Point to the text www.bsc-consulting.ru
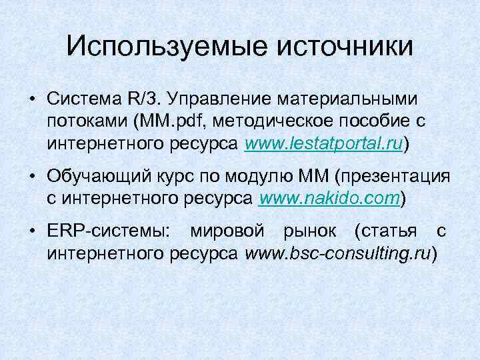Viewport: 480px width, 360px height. pyautogui.click(x=339, y=253)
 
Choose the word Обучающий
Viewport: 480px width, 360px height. pyautogui.click(x=92, y=176)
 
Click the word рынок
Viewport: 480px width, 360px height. pyautogui.click(x=305, y=231)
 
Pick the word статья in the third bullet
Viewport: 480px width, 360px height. pyautogui.click(x=387, y=231)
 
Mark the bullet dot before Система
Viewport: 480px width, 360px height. pyautogui.click(x=31, y=99)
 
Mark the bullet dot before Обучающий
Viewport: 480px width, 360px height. pyautogui.click(x=31, y=177)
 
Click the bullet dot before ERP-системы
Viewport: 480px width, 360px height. pyautogui.click(x=31, y=232)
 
